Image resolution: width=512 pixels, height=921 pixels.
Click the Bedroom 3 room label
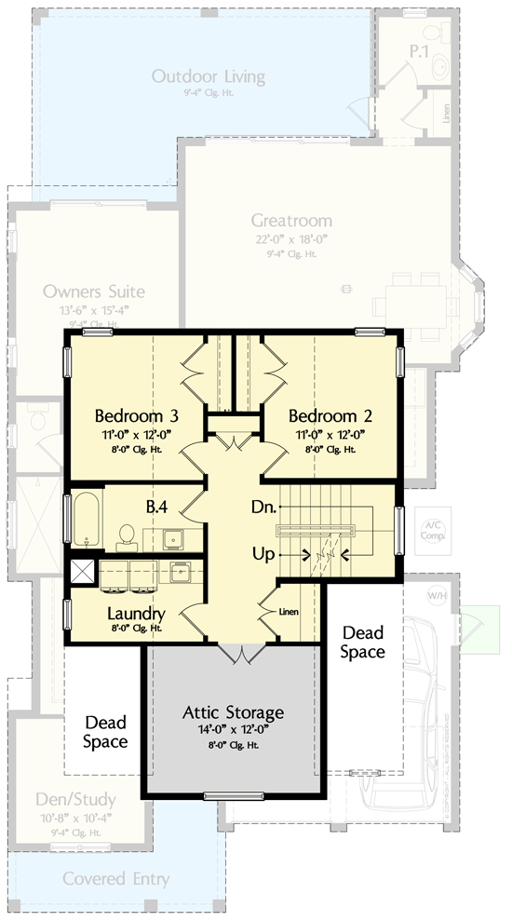click(137, 415)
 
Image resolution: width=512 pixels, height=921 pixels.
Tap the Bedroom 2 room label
click(323, 415)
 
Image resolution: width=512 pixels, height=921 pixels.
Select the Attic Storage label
click(234, 713)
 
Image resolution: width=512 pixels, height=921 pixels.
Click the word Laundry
click(136, 614)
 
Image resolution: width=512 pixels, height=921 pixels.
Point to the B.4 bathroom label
click(155, 508)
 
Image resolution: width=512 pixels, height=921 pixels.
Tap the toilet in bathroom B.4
click(127, 535)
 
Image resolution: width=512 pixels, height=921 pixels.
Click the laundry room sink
click(181, 570)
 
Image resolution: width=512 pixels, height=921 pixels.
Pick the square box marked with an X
click(82, 571)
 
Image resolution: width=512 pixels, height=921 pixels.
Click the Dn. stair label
click(263, 508)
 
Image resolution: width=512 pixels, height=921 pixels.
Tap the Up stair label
click(263, 554)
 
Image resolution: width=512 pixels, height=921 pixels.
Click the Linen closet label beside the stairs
click(289, 612)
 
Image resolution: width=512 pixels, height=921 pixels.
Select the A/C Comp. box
click(432, 531)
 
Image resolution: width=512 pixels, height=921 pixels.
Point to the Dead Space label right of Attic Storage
click(361, 643)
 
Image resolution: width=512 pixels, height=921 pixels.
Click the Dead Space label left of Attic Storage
click(105, 731)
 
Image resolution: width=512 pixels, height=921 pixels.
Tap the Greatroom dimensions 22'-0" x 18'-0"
click(290, 237)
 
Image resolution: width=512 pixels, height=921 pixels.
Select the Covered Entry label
click(116, 878)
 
